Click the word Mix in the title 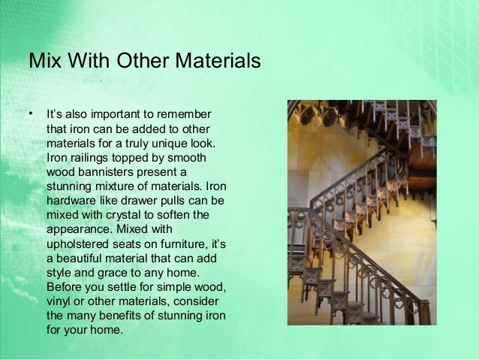click(x=44, y=60)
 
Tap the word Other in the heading click(x=140, y=60)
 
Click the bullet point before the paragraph click(x=31, y=114)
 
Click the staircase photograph click(x=361, y=213)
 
